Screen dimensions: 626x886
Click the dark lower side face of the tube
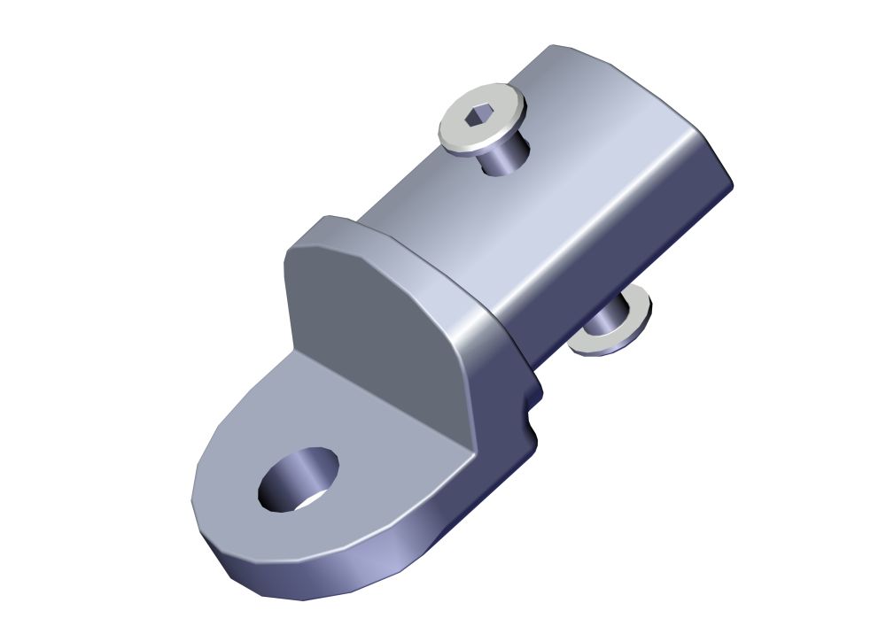click(620, 266)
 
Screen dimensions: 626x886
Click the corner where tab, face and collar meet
click(469, 442)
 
